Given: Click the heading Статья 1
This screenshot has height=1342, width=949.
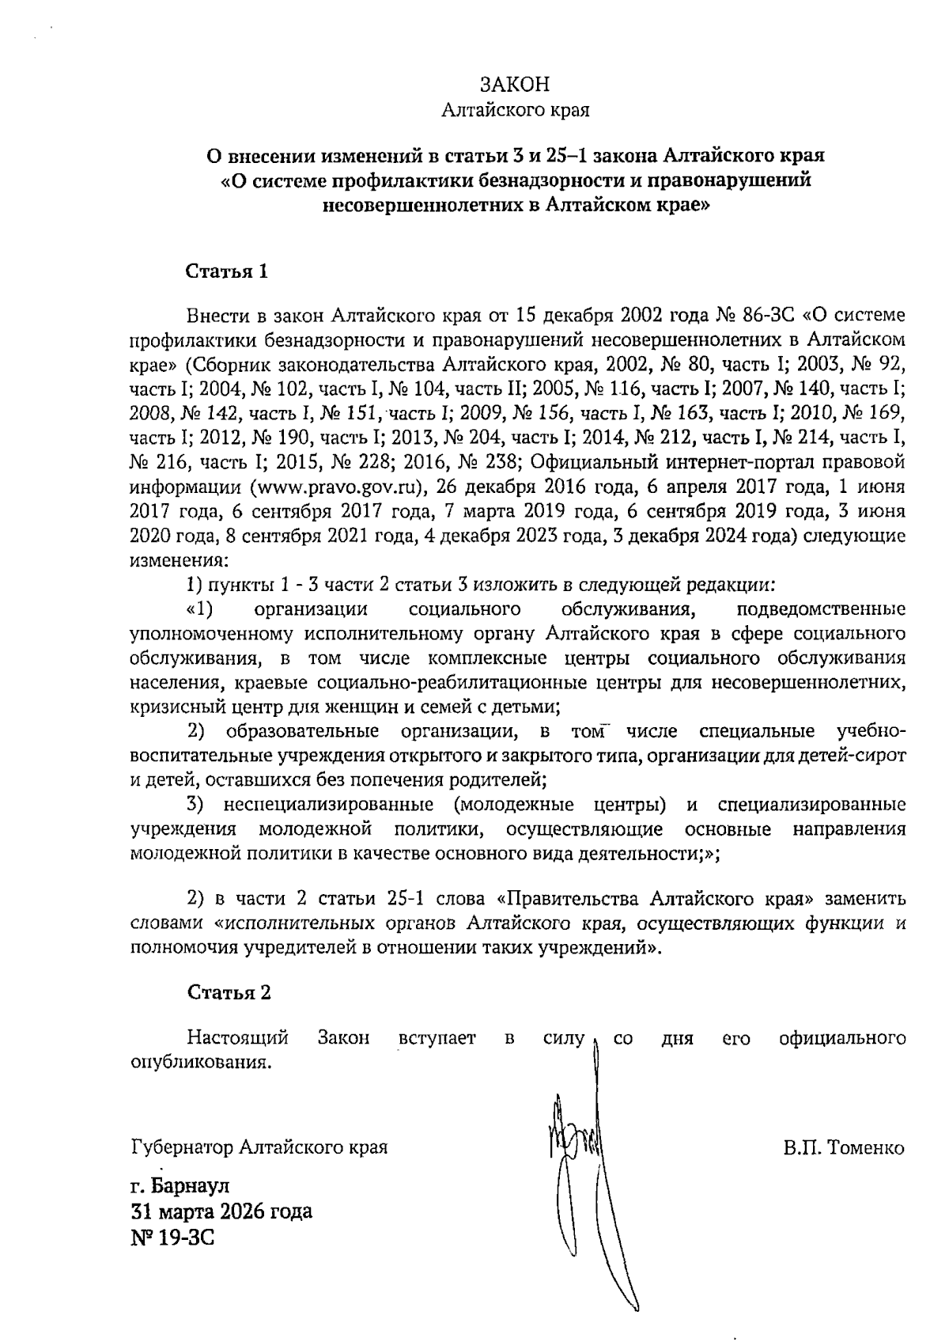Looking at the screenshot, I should click(x=227, y=272).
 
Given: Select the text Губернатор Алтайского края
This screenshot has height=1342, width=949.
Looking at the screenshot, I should click(x=259, y=1147).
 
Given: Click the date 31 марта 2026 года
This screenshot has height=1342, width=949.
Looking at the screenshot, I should click(x=221, y=1211).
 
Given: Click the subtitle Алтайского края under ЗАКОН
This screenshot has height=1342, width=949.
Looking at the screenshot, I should click(x=514, y=109).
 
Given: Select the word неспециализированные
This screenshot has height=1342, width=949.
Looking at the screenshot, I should click(x=328, y=806).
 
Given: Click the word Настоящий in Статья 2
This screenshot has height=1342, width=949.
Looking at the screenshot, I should click(x=237, y=1037).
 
